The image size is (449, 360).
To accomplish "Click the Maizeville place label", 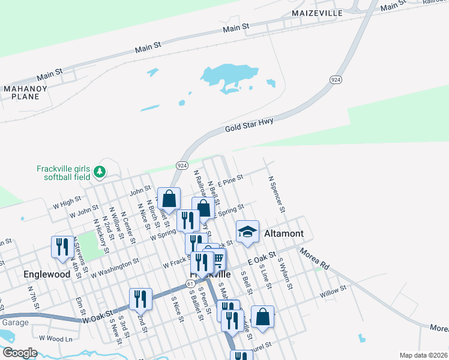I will tap(317, 13).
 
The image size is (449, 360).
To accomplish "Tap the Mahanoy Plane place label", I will tap(21, 92).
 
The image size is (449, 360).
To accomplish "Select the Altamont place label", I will tap(284, 233).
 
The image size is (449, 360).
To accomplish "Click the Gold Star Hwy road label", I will tap(249, 125).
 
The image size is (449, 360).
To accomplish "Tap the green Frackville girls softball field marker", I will tap(100, 173).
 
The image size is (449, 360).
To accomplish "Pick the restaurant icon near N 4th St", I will tap(62, 247).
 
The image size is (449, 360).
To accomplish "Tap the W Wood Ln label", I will tap(55, 338).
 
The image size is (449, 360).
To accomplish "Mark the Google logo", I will tap(20, 353).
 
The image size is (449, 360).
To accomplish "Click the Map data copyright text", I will tap(423, 355).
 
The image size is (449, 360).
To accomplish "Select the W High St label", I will tap(67, 200).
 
